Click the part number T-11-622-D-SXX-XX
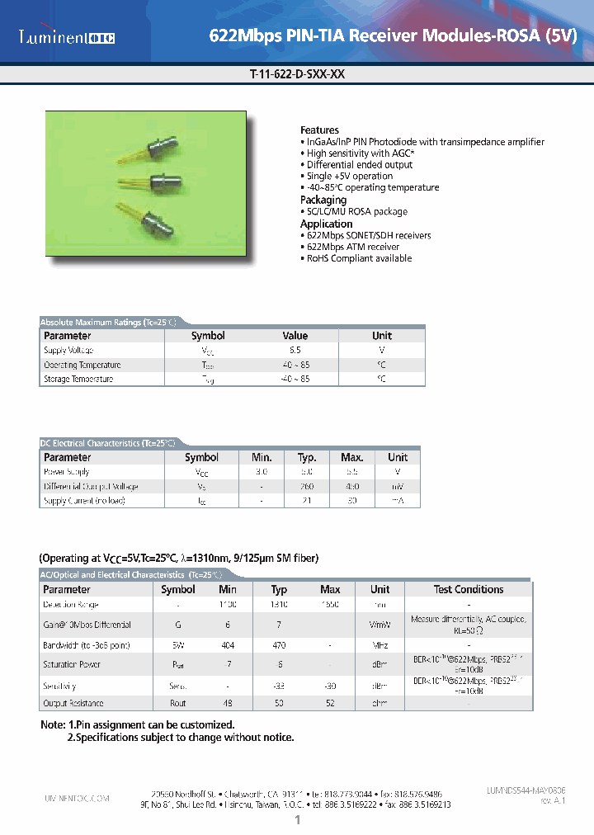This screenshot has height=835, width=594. point(297,73)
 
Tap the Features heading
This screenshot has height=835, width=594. point(319,130)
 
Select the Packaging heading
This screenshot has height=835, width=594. point(323,200)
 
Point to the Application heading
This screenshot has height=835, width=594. point(327,224)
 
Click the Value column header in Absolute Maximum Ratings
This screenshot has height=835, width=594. point(295,336)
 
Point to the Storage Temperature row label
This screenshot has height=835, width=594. point(78,379)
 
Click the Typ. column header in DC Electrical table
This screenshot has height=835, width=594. point(307,457)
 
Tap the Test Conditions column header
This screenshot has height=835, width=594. point(468,589)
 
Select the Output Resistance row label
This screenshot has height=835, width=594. point(73,703)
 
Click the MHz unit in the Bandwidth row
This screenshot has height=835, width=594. point(379,645)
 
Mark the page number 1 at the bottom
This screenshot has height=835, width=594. point(297,820)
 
